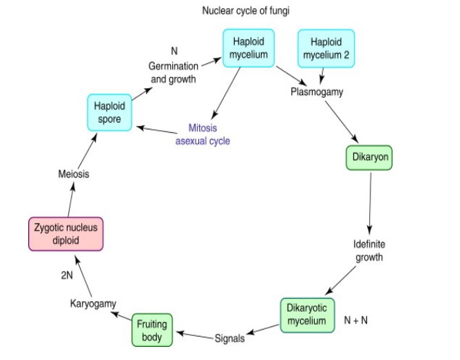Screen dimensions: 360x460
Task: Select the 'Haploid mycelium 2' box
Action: click(326, 49)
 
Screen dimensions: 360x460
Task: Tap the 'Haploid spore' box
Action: click(109, 113)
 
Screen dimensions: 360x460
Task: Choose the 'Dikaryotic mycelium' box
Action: click(308, 315)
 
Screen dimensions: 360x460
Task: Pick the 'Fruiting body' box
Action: click(151, 330)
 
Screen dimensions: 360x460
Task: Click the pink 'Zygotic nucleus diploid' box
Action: click(66, 233)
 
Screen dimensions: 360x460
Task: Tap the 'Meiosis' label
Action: click(74, 174)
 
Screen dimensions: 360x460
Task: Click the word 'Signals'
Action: click(229, 339)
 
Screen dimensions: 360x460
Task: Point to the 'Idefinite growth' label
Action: click(368, 251)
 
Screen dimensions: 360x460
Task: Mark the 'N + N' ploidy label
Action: click(358, 321)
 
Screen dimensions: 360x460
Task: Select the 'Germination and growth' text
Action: click(173, 72)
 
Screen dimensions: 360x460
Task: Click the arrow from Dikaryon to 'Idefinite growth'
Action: click(370, 203)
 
